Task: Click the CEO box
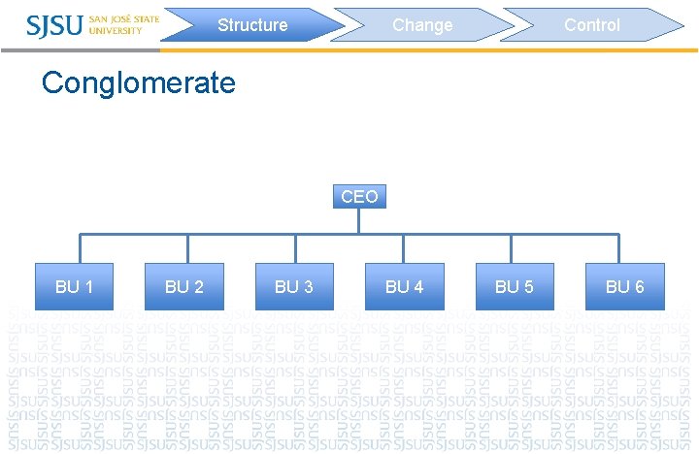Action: coord(358,197)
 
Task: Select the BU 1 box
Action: coord(75,286)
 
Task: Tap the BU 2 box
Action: coord(184,286)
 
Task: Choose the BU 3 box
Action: coord(294,286)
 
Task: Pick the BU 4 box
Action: coord(404,286)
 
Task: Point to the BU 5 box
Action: coord(515,286)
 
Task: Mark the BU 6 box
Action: coord(624,286)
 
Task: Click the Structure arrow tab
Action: coord(252,25)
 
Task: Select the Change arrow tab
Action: coord(422,25)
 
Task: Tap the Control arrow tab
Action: coord(592,25)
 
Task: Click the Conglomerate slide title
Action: coord(139,82)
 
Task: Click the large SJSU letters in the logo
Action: coord(55,25)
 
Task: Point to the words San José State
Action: coord(124,18)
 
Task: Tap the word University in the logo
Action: coord(115,31)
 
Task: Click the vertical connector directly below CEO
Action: coord(358,221)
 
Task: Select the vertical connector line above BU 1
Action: coord(80,248)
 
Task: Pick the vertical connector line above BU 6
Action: coord(618,248)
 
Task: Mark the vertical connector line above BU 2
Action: coord(187,248)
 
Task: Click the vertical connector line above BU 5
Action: coord(511,248)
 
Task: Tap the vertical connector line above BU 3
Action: coord(295,248)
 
